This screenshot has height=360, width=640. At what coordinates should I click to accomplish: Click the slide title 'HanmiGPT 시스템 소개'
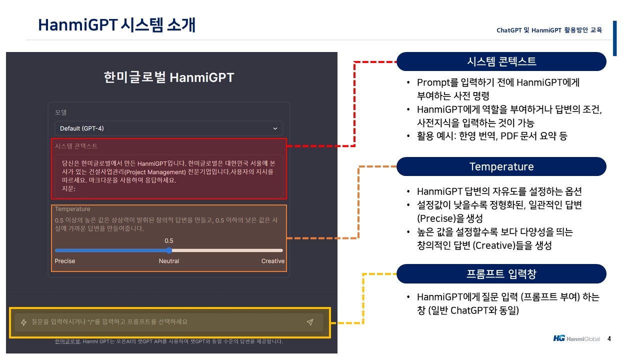click(116, 25)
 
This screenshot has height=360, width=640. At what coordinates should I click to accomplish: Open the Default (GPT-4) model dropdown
click(168, 128)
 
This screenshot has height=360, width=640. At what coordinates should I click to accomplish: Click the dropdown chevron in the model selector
click(275, 128)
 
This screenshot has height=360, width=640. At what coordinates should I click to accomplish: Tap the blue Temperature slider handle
click(169, 250)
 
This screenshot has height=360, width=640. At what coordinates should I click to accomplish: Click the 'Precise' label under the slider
click(65, 261)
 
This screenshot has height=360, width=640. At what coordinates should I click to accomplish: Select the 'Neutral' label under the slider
click(169, 261)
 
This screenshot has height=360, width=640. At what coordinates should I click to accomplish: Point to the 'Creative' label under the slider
click(273, 261)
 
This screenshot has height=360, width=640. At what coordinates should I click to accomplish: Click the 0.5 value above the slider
click(169, 241)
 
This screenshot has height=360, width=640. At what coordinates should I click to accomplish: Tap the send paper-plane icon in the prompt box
click(310, 322)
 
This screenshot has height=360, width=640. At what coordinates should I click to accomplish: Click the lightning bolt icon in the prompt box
click(23, 322)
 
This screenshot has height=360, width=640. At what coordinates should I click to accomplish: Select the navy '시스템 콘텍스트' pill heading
click(501, 61)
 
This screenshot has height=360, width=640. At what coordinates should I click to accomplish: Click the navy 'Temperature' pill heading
click(501, 166)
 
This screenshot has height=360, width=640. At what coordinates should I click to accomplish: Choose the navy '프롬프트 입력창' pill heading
click(501, 273)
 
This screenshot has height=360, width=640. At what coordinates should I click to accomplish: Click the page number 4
click(609, 339)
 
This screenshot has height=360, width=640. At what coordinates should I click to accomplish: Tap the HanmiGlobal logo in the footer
click(576, 338)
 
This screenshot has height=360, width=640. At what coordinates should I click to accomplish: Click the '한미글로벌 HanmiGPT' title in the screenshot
click(169, 77)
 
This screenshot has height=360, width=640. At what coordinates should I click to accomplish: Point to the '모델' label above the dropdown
click(60, 112)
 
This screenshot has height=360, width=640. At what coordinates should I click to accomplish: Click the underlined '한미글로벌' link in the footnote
click(67, 341)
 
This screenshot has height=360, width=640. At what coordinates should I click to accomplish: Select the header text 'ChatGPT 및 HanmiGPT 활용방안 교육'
click(549, 30)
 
